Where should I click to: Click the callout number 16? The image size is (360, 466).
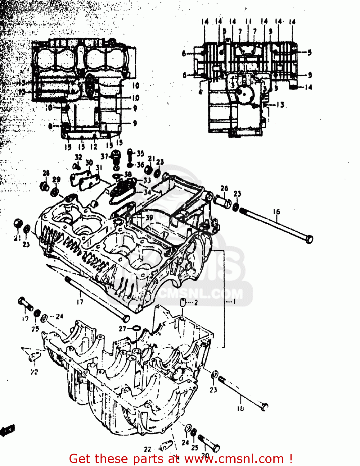pos(277,212)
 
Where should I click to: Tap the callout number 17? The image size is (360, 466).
pos(80,302)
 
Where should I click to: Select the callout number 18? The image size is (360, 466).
pos(241,409)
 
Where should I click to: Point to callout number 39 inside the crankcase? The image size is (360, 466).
pos(149,217)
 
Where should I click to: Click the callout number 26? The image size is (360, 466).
pos(224,188)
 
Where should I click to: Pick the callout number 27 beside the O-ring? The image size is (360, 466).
pos(123,329)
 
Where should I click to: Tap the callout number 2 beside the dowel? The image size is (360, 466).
pos(196,303)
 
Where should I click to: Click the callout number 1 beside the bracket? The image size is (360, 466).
pos(234,302)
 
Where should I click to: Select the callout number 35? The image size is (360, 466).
pos(140,153)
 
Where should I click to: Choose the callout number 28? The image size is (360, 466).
pos(46,173)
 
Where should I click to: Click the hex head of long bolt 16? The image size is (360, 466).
pos(309,240)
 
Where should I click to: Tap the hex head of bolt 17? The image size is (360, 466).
pos(126,319)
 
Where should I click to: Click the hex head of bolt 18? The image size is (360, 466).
pos(264,407)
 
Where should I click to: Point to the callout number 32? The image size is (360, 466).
pos(78,157)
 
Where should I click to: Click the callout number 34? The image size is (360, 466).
pos(147,192)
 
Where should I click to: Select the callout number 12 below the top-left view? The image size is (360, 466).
pos(94,147)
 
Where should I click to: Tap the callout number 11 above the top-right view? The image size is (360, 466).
pos(248,21)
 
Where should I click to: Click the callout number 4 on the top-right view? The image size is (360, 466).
pos(200,92)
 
